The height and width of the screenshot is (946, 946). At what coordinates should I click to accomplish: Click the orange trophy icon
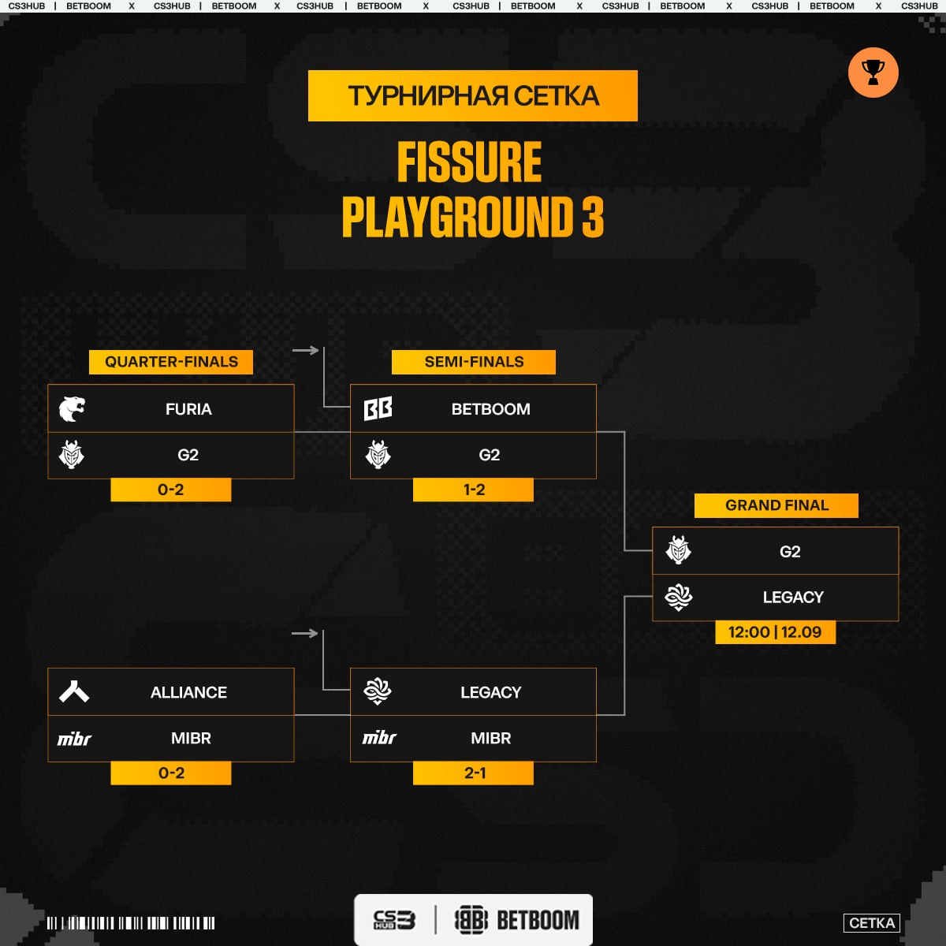click(873, 73)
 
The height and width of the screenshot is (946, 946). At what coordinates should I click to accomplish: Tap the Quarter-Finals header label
click(171, 362)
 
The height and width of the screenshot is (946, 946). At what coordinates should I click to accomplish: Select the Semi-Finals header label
click(474, 362)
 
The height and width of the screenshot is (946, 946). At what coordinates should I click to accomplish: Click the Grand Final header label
click(777, 505)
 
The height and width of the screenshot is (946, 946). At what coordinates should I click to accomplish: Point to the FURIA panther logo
click(72, 408)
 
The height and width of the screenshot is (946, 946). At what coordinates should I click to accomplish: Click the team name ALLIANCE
click(188, 692)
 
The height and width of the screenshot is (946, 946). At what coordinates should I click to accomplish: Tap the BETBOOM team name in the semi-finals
click(491, 409)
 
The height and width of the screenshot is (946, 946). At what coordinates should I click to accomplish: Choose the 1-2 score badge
click(473, 490)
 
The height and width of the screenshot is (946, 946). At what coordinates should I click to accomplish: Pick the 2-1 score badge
click(473, 773)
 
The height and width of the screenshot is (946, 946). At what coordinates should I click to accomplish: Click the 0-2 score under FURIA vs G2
click(171, 490)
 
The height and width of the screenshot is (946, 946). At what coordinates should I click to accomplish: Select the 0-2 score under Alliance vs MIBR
click(171, 773)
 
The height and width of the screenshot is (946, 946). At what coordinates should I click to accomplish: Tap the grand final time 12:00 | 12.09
click(775, 631)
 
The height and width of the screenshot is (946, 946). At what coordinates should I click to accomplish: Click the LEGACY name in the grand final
click(793, 597)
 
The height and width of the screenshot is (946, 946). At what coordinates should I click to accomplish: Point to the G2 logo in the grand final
click(679, 549)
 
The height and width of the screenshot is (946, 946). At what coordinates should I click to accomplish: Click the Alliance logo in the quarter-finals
click(74, 691)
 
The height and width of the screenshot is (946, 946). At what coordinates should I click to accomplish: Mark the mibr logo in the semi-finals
click(379, 737)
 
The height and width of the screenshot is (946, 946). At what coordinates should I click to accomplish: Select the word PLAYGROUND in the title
click(457, 217)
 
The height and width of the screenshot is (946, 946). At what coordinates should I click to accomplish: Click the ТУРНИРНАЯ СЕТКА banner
click(473, 95)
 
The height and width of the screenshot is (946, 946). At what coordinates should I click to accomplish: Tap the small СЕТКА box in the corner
click(871, 923)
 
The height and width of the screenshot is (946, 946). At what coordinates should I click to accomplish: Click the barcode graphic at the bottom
click(131, 923)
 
